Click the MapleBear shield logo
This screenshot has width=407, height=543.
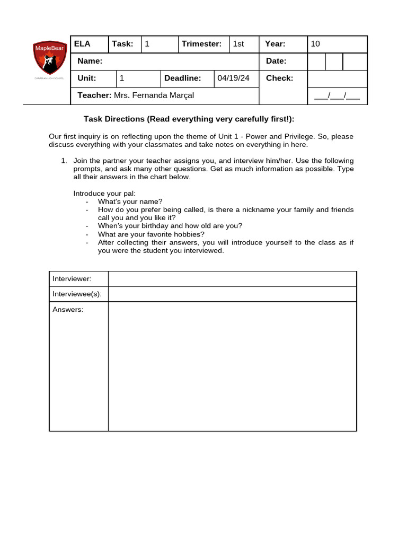50,58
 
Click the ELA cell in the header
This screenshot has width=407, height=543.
83,44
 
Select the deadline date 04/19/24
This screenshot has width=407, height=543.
233,78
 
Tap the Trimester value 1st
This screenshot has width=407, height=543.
238,44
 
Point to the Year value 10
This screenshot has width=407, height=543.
315,44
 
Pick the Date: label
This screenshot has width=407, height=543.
276,61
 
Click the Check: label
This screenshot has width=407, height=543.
279,78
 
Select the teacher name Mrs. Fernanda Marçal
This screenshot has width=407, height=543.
154,95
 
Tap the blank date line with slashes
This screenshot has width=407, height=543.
337,96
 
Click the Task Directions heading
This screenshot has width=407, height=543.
189,119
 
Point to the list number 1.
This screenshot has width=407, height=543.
64,161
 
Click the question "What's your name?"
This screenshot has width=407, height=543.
130,202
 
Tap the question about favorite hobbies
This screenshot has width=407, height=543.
151,234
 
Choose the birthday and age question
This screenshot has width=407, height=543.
170,226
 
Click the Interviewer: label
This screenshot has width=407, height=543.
72,279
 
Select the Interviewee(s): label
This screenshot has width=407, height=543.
77,294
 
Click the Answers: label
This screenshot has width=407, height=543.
68,310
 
